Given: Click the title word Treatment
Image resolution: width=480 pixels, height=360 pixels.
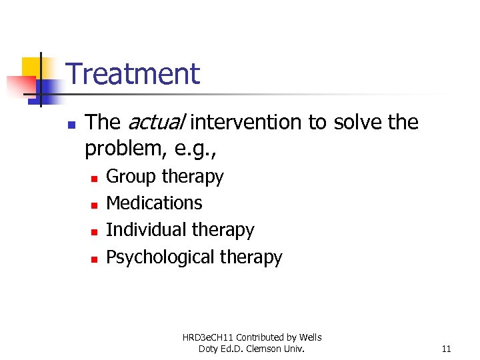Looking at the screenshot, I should [x=133, y=73].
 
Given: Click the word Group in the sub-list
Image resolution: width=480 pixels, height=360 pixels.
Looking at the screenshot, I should [x=131, y=177].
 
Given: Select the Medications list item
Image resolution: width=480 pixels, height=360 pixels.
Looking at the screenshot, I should [x=154, y=203].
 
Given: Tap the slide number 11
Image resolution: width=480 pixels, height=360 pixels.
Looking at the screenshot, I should [x=446, y=349].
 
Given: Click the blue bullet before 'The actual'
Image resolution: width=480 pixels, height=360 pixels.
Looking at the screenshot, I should [x=71, y=124].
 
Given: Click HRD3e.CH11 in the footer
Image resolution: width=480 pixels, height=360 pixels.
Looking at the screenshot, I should [x=209, y=337].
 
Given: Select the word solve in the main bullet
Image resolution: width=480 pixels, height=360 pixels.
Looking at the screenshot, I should [x=355, y=123].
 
